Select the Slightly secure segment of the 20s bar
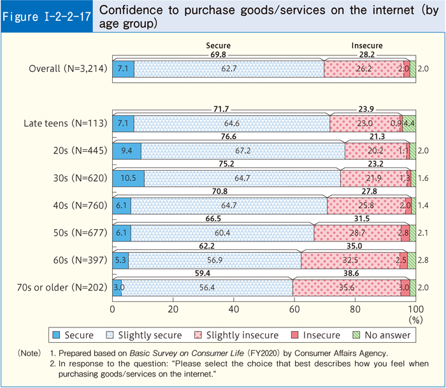click(243, 150)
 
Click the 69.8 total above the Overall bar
click(218, 54)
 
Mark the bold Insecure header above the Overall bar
click(367, 46)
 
